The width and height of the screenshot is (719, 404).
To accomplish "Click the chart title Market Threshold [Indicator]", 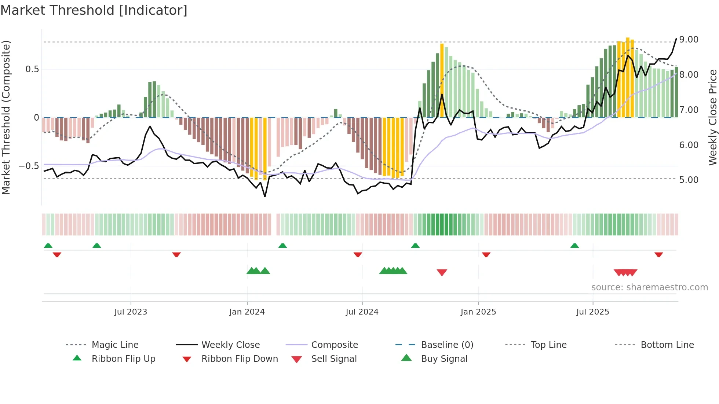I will click(94, 10).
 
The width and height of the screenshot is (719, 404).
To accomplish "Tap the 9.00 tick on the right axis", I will click(689, 40).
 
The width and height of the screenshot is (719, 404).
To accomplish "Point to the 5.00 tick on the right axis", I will click(689, 180).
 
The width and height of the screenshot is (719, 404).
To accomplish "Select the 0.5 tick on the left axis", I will click(32, 69).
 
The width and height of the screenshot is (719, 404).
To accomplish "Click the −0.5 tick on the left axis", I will click(29, 166).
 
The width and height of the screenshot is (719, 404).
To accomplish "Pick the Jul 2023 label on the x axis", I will click(131, 312).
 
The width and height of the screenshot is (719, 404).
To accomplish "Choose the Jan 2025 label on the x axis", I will click(478, 312).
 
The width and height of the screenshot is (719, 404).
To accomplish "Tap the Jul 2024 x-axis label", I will click(362, 312).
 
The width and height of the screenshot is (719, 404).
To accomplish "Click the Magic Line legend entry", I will click(115, 345).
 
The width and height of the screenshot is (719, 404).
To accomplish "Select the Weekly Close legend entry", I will click(230, 345).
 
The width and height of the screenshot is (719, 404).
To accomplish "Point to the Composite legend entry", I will click(334, 345).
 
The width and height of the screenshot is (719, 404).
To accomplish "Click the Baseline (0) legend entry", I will click(447, 345).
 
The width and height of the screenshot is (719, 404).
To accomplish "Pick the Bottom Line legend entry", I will click(667, 345).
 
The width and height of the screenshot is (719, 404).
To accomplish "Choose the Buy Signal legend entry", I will click(444, 359).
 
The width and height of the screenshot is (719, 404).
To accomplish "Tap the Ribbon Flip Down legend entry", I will click(239, 359).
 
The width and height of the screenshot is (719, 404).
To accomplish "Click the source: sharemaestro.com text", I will click(649, 287).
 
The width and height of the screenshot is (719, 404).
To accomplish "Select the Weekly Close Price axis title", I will click(712, 117).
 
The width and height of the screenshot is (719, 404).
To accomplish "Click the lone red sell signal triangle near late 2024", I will click(442, 272).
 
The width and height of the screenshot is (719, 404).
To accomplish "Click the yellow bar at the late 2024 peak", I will click(442, 81).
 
